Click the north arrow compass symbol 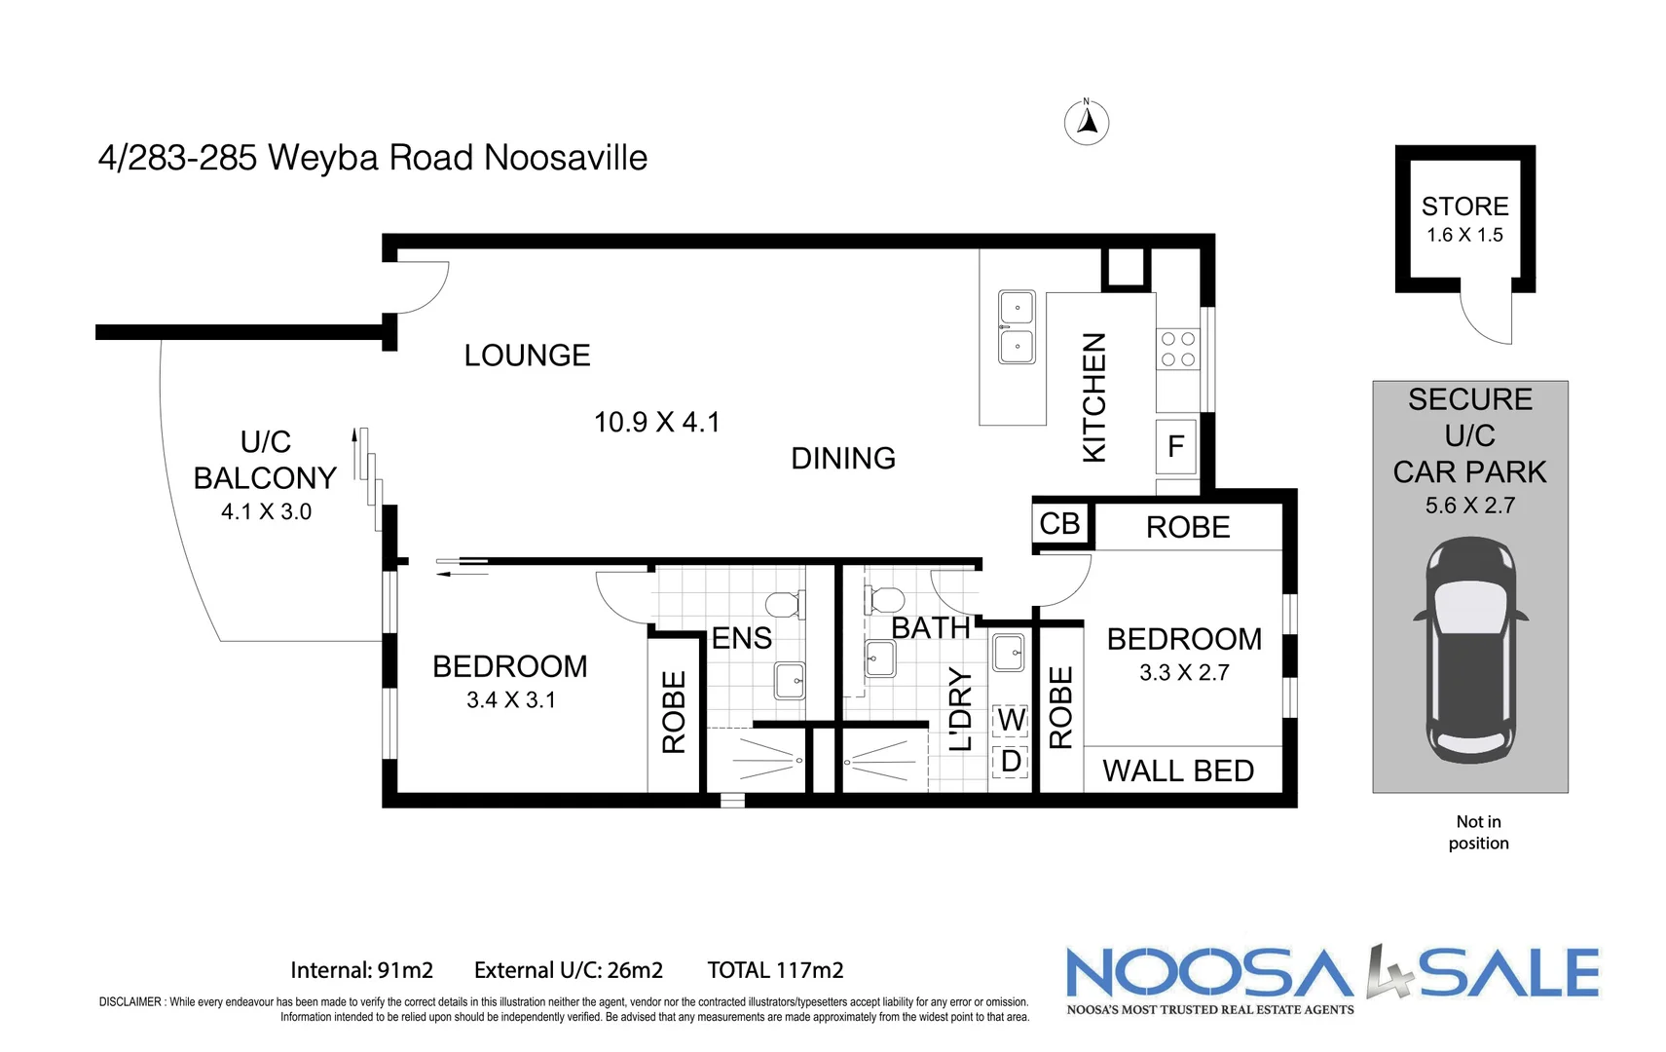(1087, 124)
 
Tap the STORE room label (1464, 207)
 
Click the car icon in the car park (1470, 650)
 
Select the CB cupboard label (1059, 524)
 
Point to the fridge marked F (1175, 447)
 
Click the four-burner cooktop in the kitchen (1178, 350)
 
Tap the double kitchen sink (1017, 327)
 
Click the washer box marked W (1011, 720)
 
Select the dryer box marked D (1011, 761)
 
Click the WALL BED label (1178, 770)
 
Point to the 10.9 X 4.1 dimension (657, 422)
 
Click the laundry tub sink (1009, 652)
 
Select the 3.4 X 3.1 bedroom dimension (510, 699)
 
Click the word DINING (843, 458)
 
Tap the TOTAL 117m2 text (775, 970)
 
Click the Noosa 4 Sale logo (1332, 977)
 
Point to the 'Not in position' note (1478, 833)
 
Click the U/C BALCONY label (265, 460)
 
